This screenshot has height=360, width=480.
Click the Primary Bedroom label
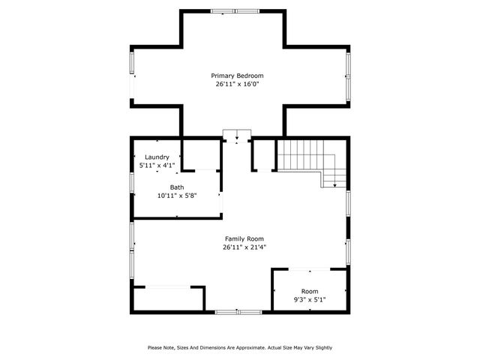click(237, 76)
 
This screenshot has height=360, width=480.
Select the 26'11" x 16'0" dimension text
click(237, 84)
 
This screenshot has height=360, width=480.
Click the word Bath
click(176, 187)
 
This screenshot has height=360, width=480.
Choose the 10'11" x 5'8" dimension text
click(176, 196)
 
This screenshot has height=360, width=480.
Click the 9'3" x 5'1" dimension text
click(309, 299)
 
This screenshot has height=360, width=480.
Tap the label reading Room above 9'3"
click(309, 291)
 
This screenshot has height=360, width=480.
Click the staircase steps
click(304, 154)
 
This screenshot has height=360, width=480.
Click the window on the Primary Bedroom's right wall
click(347, 75)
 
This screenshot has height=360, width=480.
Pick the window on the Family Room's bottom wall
click(238, 311)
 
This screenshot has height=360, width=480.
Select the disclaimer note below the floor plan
click(240, 347)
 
